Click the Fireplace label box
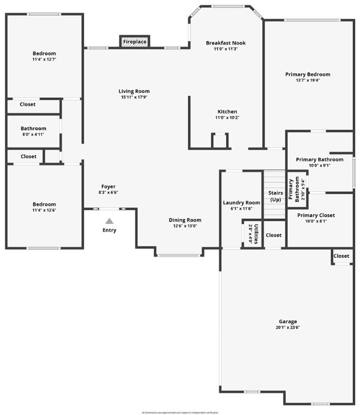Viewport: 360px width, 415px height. (x=134, y=42)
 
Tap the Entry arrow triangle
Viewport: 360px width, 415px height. (x=109, y=220)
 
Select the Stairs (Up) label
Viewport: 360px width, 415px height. (x=276, y=196)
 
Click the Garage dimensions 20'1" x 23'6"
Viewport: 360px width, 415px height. (x=288, y=327)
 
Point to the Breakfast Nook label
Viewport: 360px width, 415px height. (x=226, y=43)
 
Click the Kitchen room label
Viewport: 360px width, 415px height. (x=227, y=111)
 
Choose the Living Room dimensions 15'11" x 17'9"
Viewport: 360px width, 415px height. (x=134, y=97)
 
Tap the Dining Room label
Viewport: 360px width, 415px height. (x=185, y=220)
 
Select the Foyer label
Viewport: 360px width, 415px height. (x=108, y=186)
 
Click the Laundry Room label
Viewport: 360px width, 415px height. (x=241, y=203)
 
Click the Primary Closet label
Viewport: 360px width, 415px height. (x=316, y=215)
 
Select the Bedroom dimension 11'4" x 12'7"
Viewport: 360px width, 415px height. (x=44, y=59)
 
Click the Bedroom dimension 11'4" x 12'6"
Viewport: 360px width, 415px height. (x=44, y=210)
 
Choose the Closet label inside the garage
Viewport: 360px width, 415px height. (x=341, y=256)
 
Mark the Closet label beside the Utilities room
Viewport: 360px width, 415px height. (x=274, y=235)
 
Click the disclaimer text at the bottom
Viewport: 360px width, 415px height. (x=180, y=412)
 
